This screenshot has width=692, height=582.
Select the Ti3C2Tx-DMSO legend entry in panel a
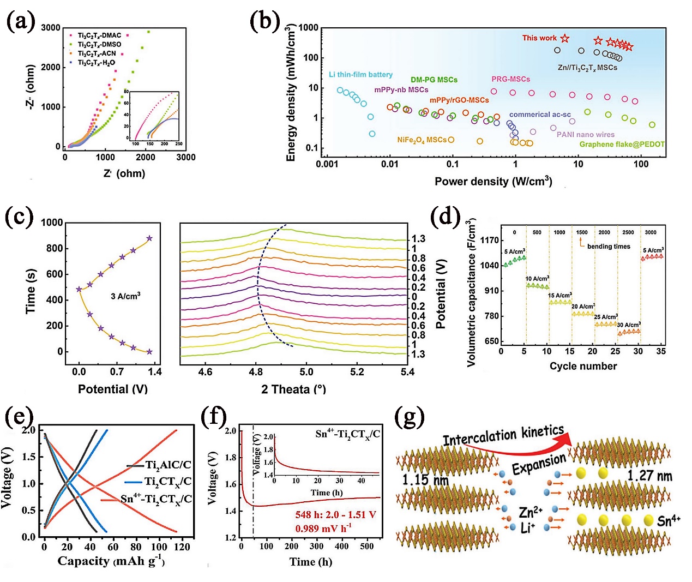[99, 44]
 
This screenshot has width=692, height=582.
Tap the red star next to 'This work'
[565, 38]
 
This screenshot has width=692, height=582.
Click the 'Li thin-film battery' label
[360, 75]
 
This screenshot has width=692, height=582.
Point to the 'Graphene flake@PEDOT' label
[622, 145]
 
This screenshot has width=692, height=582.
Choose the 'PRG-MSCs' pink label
[510, 79]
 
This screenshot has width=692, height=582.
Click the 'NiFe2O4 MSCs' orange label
[422, 140]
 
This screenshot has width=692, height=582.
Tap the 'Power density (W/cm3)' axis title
[493, 181]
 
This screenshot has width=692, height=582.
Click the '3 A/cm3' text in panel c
[125, 296]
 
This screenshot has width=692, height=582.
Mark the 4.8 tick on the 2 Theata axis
[256, 372]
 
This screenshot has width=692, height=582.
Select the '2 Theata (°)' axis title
[293, 389]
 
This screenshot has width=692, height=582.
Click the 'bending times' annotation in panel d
[609, 247]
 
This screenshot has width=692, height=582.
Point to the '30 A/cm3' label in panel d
[629, 325]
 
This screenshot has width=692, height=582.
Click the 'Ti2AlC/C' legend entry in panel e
[167, 465]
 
